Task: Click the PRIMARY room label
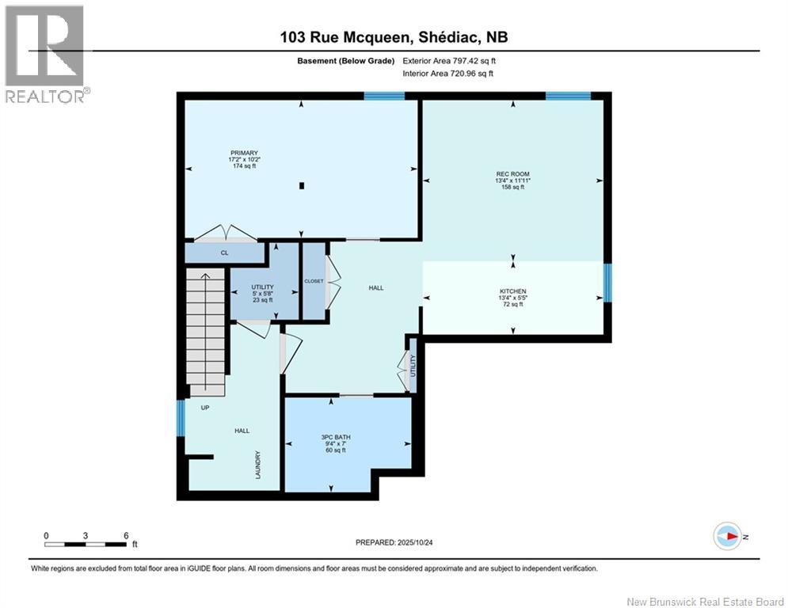coord(244,153)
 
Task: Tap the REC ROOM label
coord(512,174)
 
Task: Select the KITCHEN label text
coord(512,291)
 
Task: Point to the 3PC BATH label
coord(336,437)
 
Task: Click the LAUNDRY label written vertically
coord(258,465)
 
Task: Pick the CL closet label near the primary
coord(225,253)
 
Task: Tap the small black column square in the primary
coord(302,185)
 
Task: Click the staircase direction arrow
coord(205,331)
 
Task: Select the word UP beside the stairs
coord(205,408)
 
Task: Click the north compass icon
coord(728,536)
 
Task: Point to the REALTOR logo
coord(46,55)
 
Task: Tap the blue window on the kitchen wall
coord(607,283)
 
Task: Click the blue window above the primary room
coord(384,96)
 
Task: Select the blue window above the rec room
coord(569,96)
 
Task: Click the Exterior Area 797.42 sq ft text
coord(449,61)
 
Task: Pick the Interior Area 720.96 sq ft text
coord(447,74)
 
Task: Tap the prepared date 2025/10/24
coord(415,542)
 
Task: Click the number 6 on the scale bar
coord(126,536)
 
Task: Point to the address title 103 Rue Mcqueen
coord(347,37)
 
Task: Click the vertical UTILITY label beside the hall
coord(413,365)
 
